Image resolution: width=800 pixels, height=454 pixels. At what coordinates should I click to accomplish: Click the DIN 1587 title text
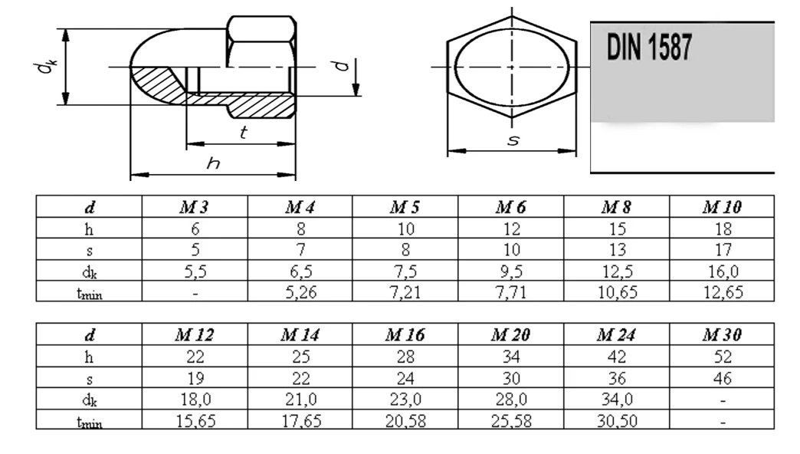[649, 48]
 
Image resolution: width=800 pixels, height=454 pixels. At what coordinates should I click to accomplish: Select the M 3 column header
[194, 207]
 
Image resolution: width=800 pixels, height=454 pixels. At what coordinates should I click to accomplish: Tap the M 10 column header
[722, 207]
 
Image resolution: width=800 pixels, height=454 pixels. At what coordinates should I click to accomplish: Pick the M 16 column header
[405, 335]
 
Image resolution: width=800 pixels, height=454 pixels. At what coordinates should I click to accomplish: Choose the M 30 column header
[722, 335]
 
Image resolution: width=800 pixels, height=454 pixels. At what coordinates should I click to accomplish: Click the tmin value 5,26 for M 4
[300, 292]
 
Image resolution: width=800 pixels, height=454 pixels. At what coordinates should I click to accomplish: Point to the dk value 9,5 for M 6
[510, 271]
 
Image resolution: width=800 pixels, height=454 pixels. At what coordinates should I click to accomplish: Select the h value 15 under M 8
[617, 229]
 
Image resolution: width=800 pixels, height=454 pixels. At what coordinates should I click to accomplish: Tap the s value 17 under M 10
[723, 250]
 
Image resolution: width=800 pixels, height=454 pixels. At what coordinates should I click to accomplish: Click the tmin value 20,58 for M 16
[405, 421]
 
